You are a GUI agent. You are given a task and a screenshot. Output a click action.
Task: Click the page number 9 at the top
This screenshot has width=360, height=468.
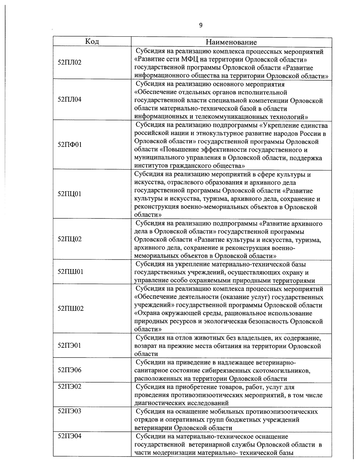tap(201, 25)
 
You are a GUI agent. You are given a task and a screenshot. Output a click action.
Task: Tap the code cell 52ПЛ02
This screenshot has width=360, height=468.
tap(70, 63)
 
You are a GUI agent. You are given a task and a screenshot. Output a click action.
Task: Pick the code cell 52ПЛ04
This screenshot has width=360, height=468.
tap(70, 100)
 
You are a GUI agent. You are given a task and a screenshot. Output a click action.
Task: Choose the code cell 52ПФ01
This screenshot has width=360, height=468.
tap(70, 145)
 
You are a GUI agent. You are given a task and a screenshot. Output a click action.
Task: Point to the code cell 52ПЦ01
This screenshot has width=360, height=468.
tap(70, 194)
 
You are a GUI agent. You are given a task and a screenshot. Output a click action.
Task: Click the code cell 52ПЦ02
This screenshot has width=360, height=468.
tap(70, 239)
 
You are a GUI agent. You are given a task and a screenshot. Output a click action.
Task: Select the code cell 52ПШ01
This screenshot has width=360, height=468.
tap(70, 272)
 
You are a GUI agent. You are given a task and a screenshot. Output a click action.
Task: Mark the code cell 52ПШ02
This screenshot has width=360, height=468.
tap(70, 309)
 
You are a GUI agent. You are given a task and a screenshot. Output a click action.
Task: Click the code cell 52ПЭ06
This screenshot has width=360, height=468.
tap(70, 370)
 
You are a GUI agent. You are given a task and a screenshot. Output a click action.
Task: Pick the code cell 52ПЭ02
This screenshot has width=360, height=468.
tap(70, 387)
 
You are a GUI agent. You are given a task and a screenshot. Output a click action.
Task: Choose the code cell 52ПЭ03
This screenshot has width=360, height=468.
tap(70, 411)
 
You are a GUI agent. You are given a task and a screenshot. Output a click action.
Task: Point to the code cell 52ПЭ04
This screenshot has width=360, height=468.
tap(70, 436)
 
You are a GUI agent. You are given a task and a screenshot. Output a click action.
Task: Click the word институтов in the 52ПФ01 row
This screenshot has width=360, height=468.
tap(150, 166)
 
